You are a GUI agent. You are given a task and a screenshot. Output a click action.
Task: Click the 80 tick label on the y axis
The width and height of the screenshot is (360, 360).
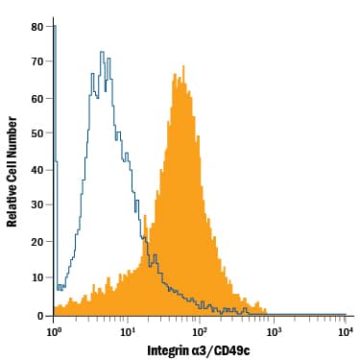pos(36,27)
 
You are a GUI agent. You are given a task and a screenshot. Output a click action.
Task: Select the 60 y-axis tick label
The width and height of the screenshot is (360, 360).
pos(36,98)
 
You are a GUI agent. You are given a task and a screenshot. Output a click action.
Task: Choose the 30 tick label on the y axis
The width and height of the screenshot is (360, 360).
pos(36,205)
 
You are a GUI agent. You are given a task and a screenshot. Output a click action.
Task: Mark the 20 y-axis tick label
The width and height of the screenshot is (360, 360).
pos(36,242)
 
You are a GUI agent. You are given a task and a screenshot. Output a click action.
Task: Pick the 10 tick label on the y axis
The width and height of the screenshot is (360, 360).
pos(36,277)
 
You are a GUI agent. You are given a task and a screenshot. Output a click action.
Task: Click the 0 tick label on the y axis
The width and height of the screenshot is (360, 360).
pos(39,314)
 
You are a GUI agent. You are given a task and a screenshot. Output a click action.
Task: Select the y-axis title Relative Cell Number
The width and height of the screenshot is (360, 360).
pos(12,170)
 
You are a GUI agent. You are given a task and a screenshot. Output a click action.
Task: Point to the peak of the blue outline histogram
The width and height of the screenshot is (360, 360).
pos(101,52)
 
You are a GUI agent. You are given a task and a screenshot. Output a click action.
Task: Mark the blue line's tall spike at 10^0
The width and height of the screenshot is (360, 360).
pos(56,29)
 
